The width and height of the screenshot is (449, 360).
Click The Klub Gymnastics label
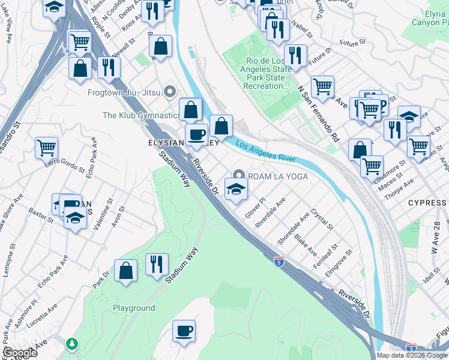(x=142, y=115)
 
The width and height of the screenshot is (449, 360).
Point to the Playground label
(x=134, y=308)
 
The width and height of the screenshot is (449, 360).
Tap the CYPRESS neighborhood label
(x=427, y=203)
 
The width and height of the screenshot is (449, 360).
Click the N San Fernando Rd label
(x=318, y=114)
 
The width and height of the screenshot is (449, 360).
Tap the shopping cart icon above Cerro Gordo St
(x=46, y=146)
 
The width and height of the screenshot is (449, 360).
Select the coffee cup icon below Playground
(x=184, y=331)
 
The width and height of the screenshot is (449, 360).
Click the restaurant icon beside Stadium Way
(x=157, y=265)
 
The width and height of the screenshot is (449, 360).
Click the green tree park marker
(x=73, y=344)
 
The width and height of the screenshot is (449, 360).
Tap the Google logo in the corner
(x=20, y=353)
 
